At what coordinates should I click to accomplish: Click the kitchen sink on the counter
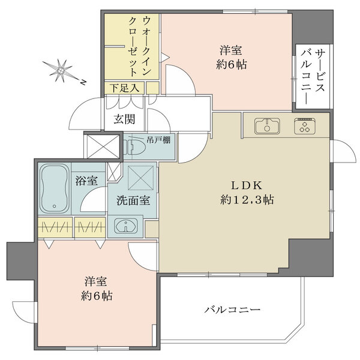pyautogui.click(x=267, y=127)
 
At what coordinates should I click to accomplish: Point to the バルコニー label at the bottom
pyautogui.click(x=232, y=310)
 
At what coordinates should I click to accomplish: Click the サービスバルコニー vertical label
pyautogui.click(x=312, y=77)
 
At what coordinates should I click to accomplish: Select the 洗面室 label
pyautogui.click(x=133, y=200)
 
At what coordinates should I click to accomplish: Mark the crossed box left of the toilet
pyautogui.click(x=98, y=145)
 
